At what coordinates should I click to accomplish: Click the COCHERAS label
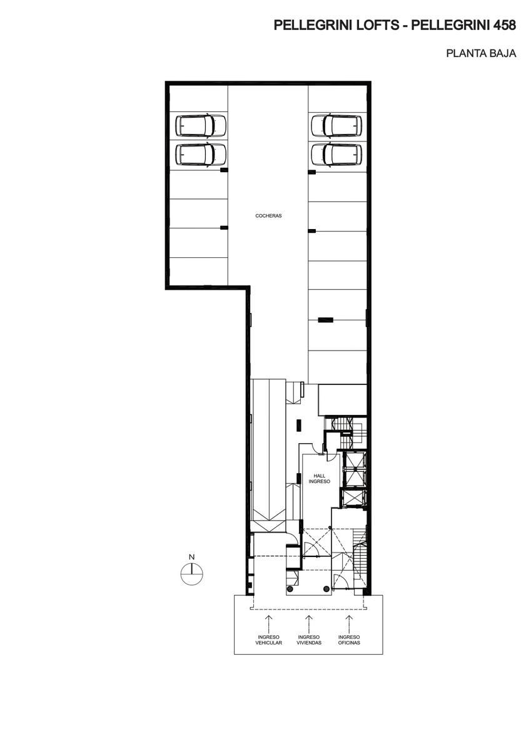[268, 216]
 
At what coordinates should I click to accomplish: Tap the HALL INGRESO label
[319, 478]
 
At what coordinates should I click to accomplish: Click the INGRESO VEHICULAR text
[269, 640]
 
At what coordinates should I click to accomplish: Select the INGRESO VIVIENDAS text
[309, 640]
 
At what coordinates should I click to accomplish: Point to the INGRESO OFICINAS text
[349, 640]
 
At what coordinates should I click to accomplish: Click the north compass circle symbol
[192, 574]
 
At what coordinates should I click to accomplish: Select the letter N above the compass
[191, 557]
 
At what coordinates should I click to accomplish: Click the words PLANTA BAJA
[481, 53]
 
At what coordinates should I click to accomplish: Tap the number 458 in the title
[504, 25]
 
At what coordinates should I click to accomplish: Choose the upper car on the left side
[201, 126]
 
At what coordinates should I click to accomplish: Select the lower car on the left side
[201, 155]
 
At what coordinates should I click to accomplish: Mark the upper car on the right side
[336, 126]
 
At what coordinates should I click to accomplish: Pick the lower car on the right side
[336, 155]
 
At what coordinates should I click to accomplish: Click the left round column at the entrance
[290, 589]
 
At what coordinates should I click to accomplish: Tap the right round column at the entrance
[326, 588]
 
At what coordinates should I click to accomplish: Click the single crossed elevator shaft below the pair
[353, 498]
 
